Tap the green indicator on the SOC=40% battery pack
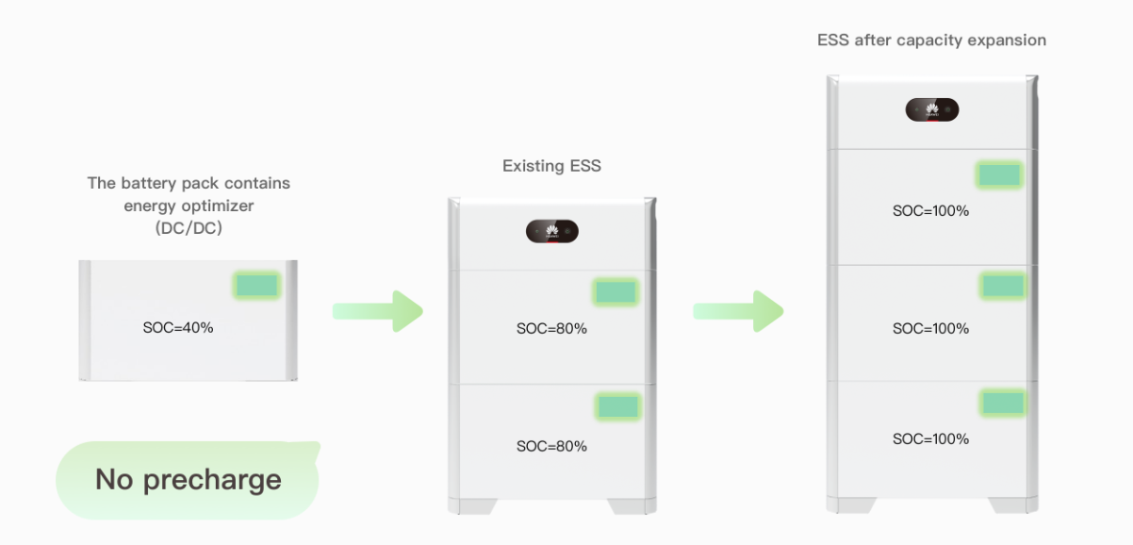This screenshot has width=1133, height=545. pyautogui.click(x=256, y=286)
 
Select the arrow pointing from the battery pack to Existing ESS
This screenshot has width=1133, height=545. pyautogui.click(x=377, y=311)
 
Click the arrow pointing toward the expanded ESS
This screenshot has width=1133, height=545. pyautogui.click(x=738, y=311)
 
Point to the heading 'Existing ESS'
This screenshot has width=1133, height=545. pyautogui.click(x=551, y=166)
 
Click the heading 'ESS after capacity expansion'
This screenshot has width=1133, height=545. pyautogui.click(x=931, y=41)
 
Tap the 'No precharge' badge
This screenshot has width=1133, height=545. pyautogui.click(x=188, y=480)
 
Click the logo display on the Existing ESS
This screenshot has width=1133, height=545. pyautogui.click(x=551, y=231)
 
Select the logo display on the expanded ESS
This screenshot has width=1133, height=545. pyautogui.click(x=932, y=109)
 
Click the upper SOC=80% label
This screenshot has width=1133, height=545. pyautogui.click(x=551, y=329)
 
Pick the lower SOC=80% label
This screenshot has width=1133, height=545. pyautogui.click(x=551, y=446)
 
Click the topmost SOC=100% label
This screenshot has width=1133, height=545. pyautogui.click(x=930, y=211)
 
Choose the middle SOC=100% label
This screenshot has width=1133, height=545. pyautogui.click(x=930, y=329)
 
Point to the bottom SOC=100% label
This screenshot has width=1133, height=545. pyautogui.click(x=930, y=439)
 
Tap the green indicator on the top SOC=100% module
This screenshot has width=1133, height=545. pyautogui.click(x=999, y=174)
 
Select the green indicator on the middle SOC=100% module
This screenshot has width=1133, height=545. pyautogui.click(x=1002, y=286)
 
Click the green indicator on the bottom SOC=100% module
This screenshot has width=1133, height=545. pyautogui.click(x=1002, y=403)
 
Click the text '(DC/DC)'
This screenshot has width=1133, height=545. pyautogui.click(x=188, y=228)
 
